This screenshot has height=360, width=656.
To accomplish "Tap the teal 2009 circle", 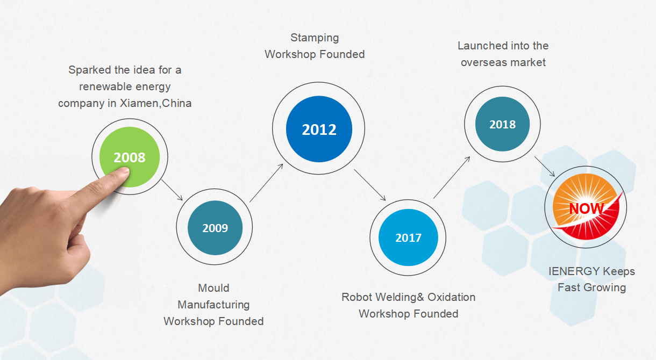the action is [215, 228].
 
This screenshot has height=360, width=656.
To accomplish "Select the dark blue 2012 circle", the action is [319, 129].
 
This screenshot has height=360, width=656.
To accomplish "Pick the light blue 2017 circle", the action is [408, 237].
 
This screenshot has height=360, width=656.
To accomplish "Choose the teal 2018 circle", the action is [503, 124].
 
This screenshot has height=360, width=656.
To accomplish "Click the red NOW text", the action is [587, 208].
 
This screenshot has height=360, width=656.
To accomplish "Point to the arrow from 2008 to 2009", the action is [172, 190].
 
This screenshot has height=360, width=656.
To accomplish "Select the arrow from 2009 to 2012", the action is [266, 183].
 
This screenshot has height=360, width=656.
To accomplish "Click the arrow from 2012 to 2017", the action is [370, 185].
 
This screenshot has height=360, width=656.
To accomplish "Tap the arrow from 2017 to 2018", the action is [452, 177].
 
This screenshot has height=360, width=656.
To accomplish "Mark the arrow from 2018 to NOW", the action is [545, 166].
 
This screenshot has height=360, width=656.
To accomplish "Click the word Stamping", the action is [315, 38].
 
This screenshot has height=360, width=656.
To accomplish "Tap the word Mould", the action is [213, 288].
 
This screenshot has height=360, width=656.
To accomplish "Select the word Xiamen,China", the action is [155, 103].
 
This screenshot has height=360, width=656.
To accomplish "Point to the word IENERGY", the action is [574, 271].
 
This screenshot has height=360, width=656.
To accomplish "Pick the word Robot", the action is [356, 297].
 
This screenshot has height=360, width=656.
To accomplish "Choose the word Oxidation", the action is [451, 297].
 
